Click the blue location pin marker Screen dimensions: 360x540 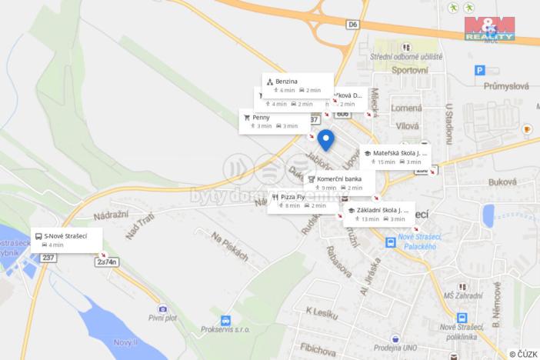click(x=325, y=139)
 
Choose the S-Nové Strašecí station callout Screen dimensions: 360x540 click(x=67, y=240)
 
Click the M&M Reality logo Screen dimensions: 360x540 click(x=488, y=28)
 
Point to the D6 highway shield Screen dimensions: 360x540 click(x=353, y=25)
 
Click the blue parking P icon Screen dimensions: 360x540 click(x=480, y=71)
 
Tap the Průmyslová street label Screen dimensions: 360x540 click(x=505, y=86)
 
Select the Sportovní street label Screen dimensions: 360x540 click(x=408, y=70)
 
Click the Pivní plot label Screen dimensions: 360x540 click(x=162, y=317)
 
